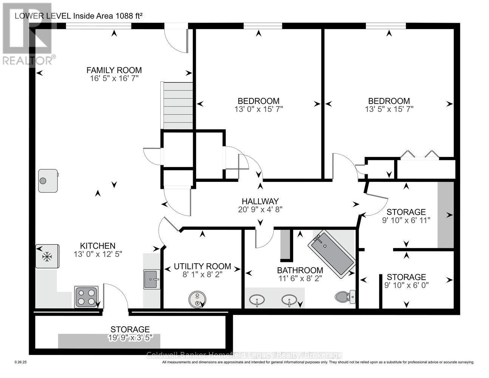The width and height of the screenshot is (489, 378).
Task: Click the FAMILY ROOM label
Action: pos(114,70)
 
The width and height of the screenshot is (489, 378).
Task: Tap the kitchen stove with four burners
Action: pos(86,297)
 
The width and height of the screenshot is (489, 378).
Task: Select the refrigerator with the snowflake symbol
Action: pos(48,256)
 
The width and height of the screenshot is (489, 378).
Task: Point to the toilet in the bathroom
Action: pos(345,297)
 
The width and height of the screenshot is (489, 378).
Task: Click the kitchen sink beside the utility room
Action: pos(152,279)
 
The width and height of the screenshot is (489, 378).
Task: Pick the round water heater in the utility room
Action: pos(197,299)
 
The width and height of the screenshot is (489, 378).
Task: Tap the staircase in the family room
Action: pos(178,105)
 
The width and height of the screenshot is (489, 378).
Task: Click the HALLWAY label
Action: pos(260,201)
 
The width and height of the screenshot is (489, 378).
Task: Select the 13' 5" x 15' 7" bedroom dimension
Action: pos(389,109)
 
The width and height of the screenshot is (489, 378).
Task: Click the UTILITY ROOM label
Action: pos(203,266)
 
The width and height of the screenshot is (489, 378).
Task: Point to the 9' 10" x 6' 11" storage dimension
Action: pos(406,220)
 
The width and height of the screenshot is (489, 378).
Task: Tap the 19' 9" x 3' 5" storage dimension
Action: pos(130,338)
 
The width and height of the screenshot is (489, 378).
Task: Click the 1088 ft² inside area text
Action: pos(129,16)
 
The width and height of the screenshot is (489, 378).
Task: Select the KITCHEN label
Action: pos(98,246)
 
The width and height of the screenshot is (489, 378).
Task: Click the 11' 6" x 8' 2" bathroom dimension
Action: pos(300,278)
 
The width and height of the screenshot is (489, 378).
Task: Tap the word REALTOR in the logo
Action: pos(27,61)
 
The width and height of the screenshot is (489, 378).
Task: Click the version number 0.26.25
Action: pos(20,362)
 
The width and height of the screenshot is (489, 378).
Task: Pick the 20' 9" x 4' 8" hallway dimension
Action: pos(260,209)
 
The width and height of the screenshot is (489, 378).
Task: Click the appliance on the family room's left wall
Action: pos(48,181)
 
